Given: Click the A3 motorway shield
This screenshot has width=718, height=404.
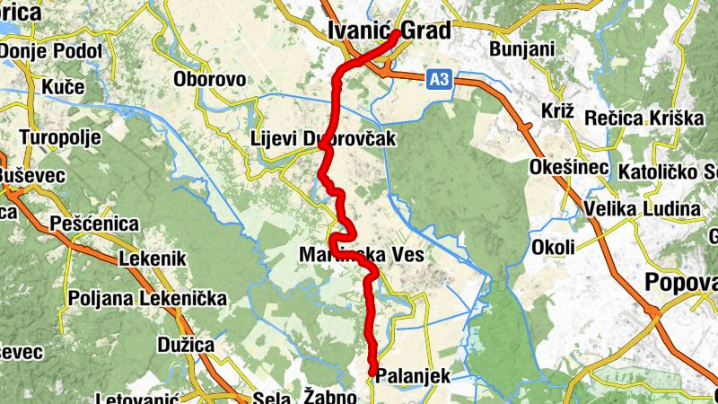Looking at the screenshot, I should click(x=438, y=81).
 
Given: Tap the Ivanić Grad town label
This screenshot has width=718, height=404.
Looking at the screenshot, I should click(x=389, y=31).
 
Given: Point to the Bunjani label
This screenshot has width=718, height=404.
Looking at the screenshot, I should click(x=523, y=48).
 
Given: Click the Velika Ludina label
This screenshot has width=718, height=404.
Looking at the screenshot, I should click(x=642, y=209).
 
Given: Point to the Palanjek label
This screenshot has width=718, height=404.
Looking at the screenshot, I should click(x=413, y=376).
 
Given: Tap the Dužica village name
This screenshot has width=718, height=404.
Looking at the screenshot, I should click(x=183, y=344).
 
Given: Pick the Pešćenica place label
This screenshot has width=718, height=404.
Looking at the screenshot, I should click(x=94, y=223).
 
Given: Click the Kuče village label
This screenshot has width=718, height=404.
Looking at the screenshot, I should click(x=63, y=87).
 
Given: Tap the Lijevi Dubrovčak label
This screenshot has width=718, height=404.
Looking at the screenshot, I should click(x=323, y=140).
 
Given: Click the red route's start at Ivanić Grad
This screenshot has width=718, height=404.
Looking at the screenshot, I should click(x=396, y=33).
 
